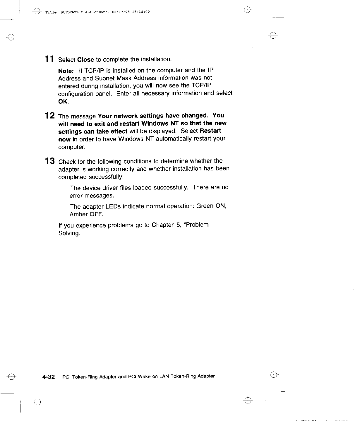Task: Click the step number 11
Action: pos(48,59)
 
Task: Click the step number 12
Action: pos(49,116)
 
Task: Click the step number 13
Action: pos(49,161)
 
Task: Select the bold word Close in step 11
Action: pos(85,60)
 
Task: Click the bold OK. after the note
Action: pos(64,102)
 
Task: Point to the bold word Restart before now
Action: pos(210,131)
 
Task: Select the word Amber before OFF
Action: pos(78,214)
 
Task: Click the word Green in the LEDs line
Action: pos(205,206)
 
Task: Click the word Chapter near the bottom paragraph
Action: pos(163,225)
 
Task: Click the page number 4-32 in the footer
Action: pos(49,377)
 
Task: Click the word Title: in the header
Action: pos(50,12)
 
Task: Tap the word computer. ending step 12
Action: pos(72,147)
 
